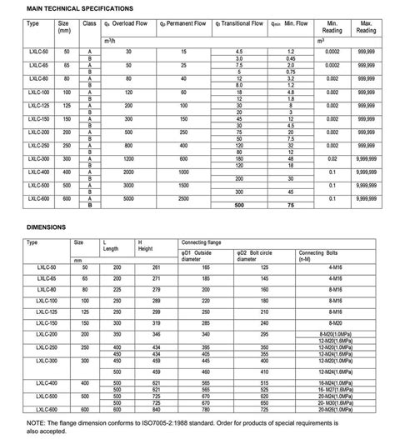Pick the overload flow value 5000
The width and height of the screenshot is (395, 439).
127,200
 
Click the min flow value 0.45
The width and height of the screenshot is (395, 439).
291,58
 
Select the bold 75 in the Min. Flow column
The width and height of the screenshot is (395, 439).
291,206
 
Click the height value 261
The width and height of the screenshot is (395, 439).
156,267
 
